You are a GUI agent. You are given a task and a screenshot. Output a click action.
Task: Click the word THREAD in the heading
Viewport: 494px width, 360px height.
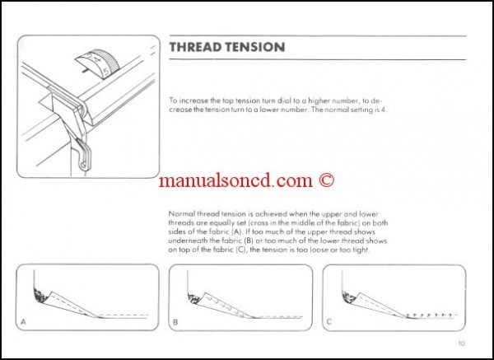coord(194,48)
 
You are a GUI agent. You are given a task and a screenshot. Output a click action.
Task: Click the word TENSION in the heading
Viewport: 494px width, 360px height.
coord(254,48)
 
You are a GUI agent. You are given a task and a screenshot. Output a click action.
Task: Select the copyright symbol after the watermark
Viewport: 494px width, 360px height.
coord(328,179)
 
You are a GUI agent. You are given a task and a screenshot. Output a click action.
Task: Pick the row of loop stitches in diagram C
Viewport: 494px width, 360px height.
coord(428,314)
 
